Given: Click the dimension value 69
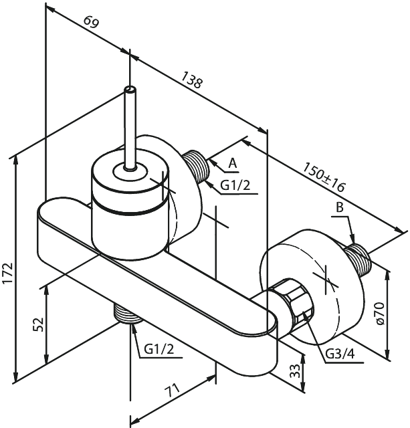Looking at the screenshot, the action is (91, 22).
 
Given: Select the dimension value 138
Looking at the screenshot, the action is (192, 80).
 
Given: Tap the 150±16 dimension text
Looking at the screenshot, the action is (325, 177).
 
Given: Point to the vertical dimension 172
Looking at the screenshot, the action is (8, 274).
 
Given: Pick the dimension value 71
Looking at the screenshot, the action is (173, 391).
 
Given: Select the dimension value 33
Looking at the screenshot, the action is (295, 370).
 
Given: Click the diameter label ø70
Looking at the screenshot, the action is (380, 313).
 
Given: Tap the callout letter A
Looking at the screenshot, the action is (233, 163).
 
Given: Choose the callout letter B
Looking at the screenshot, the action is (339, 208).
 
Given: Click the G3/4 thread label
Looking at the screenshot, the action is (340, 354).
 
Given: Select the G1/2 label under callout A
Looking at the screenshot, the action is (235, 186).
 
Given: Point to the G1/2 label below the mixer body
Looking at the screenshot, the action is (159, 349).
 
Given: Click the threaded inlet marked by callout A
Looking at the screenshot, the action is (196, 167).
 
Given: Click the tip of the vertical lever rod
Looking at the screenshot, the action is (130, 89).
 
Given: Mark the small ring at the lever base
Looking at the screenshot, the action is (130, 172).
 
